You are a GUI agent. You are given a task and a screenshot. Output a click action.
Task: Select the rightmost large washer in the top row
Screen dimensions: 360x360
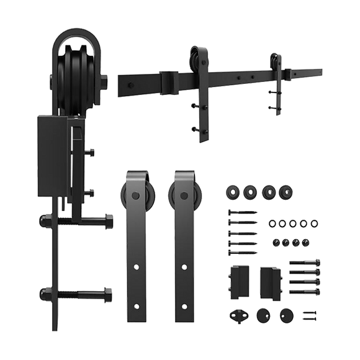286,192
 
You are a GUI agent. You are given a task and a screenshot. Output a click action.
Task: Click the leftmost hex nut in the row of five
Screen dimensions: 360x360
271,222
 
